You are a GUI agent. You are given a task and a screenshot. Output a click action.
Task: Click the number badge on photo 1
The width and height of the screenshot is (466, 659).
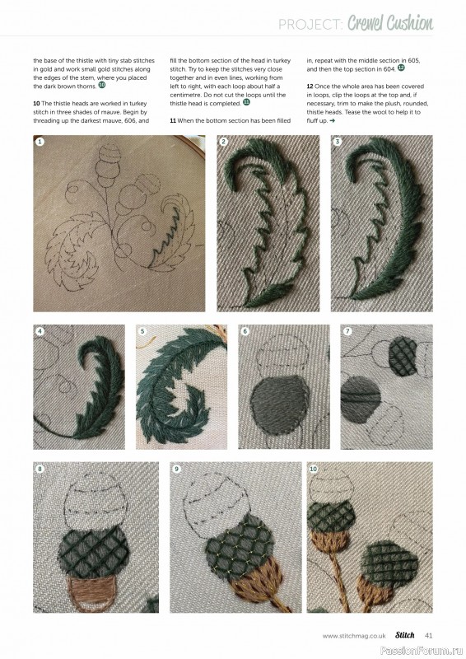[x=40, y=142]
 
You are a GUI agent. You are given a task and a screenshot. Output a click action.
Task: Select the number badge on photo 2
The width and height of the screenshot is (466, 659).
[x=224, y=142]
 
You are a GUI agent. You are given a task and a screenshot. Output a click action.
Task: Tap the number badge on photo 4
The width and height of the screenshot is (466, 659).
[x=40, y=332]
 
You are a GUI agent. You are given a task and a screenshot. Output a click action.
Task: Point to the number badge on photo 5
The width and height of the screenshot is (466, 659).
[x=142, y=332]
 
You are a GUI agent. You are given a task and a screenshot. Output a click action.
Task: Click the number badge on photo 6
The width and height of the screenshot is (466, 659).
[x=245, y=332]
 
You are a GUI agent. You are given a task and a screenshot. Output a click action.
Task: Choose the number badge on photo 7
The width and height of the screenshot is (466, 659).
[x=347, y=332]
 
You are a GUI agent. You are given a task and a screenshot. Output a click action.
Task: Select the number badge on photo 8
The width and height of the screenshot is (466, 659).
[x=40, y=469]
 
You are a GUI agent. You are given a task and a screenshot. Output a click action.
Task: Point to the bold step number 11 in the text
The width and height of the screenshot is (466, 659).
[x=174, y=120]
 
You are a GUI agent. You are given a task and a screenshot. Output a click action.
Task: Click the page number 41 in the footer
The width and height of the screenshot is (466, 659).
[x=429, y=635]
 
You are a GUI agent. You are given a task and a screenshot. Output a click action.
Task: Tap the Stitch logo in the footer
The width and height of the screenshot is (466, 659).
[x=403, y=635]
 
